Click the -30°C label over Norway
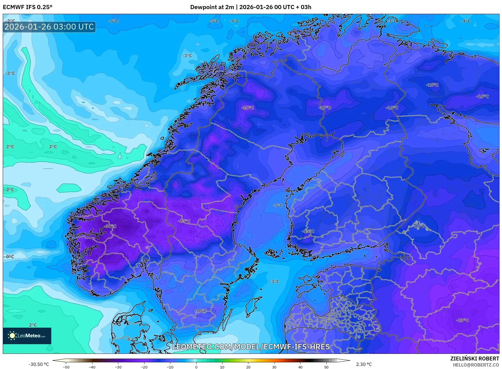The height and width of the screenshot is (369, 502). pos(110,226)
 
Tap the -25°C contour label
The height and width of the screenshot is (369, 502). pos(184,221)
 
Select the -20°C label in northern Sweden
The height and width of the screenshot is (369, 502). pos(248,108)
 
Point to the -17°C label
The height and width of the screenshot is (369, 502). pos(325,108)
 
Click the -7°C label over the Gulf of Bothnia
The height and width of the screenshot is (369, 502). pos(278,205)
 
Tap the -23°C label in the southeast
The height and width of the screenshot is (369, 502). pos(462,320)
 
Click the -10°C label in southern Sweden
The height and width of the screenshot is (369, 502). pos(201,311)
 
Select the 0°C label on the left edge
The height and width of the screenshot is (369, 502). pos(10,257)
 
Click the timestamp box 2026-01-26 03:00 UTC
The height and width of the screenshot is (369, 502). pos(49,27)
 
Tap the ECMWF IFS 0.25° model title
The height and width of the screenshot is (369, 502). pos(28,7)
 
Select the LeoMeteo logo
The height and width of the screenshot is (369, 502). pos(27,336)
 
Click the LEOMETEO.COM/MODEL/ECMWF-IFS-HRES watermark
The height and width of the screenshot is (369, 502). pos(251,347)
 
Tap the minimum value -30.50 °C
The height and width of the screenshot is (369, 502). pos(39,364)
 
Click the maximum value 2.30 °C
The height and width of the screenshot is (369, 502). pos(364,364)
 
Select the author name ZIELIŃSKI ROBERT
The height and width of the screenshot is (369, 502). pos(474,359)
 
